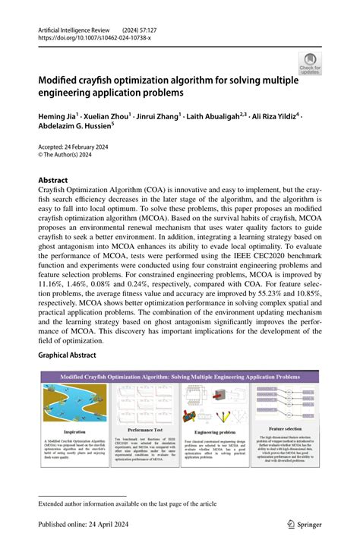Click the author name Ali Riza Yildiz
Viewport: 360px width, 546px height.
point(276,116)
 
